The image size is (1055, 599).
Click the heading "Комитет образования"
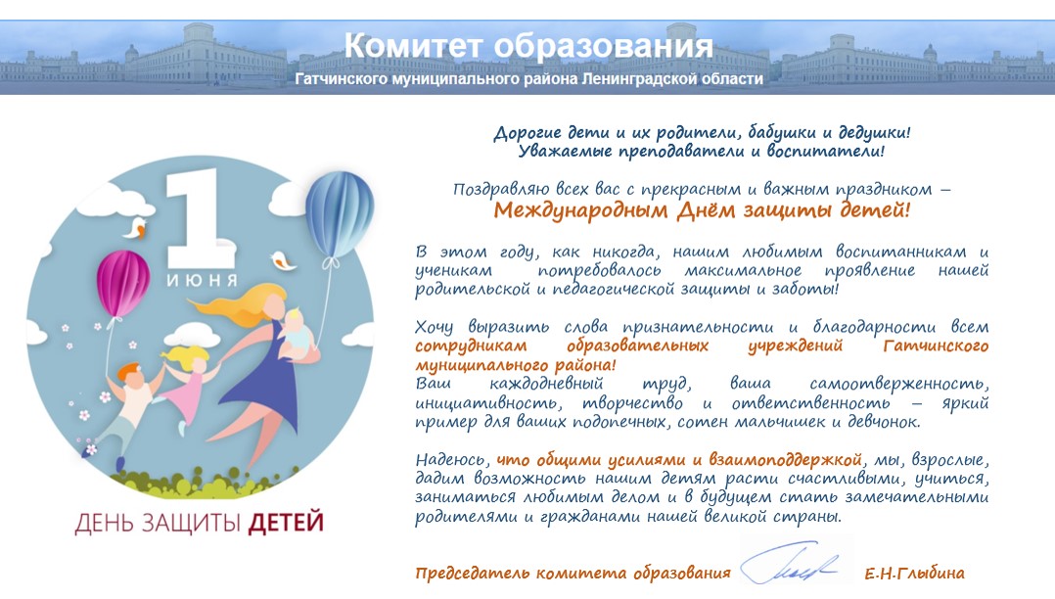pos(528,46)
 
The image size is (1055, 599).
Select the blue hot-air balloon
pos(340,213)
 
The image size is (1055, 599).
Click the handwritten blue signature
pos(791,564)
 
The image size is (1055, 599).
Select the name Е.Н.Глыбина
pos(914,574)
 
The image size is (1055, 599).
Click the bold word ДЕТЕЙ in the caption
pos(286,523)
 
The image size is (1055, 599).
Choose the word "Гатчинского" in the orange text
pos(936,346)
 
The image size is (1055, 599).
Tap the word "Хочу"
pos(434,328)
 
